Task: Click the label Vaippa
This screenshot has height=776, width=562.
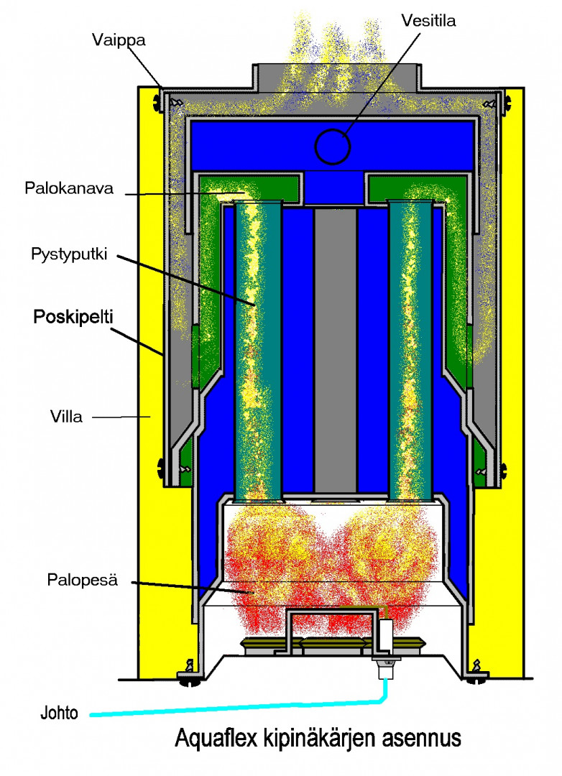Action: [x=119, y=40]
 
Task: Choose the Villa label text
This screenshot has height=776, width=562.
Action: [x=66, y=416]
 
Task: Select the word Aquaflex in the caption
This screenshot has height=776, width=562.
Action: [x=213, y=739]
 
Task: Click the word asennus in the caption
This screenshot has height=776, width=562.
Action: [x=417, y=739]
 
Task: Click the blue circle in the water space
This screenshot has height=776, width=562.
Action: [x=332, y=146]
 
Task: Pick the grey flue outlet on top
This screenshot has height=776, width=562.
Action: [x=335, y=79]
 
